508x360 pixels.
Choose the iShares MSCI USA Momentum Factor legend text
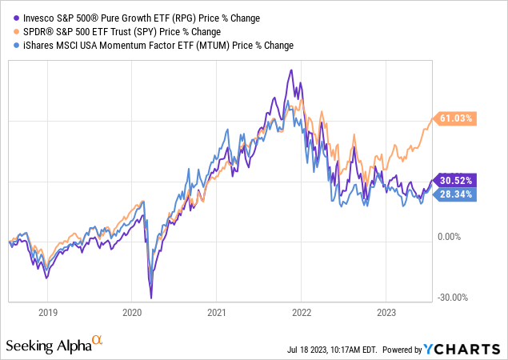click(153, 46)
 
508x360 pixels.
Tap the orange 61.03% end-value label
click(457, 118)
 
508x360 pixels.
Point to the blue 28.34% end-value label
click(457, 194)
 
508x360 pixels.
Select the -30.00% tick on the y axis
click(454, 298)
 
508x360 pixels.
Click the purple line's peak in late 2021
click(291, 70)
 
